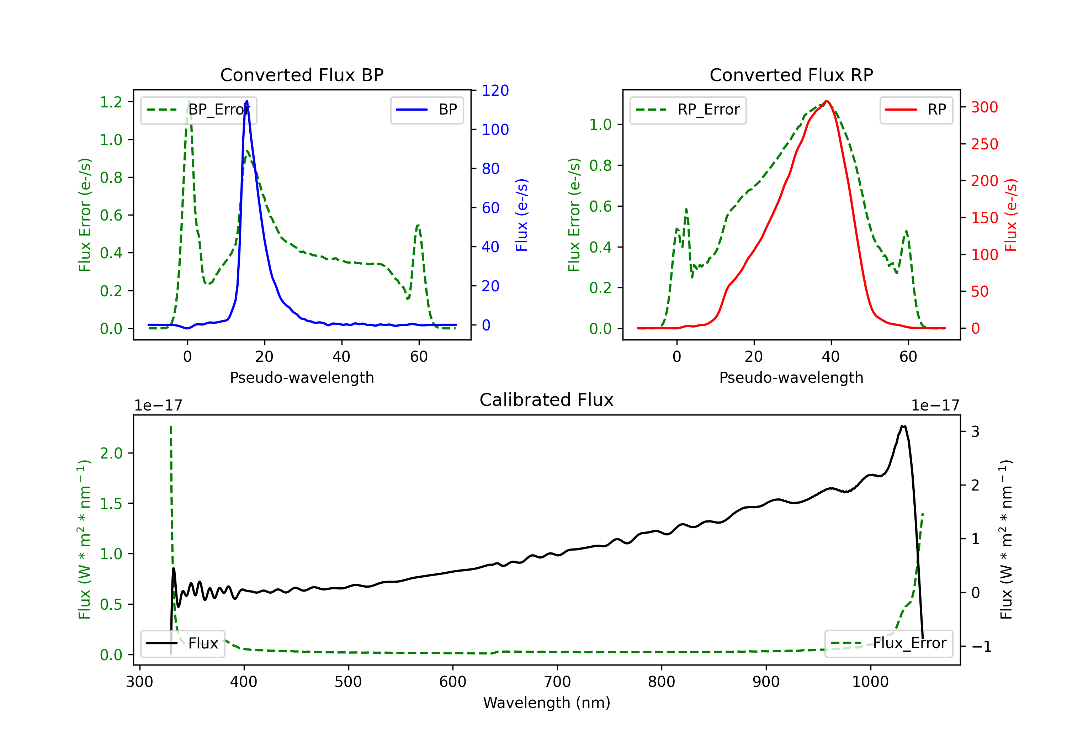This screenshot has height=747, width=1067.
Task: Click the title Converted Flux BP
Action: coord(302,75)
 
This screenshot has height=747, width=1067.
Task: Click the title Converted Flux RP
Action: coord(791,75)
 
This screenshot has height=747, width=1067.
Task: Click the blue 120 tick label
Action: coord(495,91)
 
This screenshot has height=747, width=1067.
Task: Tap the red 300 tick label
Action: coord(984,107)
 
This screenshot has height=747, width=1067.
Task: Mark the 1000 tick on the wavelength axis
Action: coord(870,682)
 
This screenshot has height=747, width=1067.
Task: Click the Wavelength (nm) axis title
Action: coord(547,703)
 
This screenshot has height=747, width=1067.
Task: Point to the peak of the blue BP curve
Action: coord(247,101)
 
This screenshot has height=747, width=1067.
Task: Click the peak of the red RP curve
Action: coord(826,101)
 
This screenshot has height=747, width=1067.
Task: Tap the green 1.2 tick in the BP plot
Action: coord(111,102)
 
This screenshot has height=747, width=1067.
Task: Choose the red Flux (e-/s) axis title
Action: coord(1011,215)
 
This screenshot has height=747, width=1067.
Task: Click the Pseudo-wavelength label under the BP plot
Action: coord(302,377)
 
